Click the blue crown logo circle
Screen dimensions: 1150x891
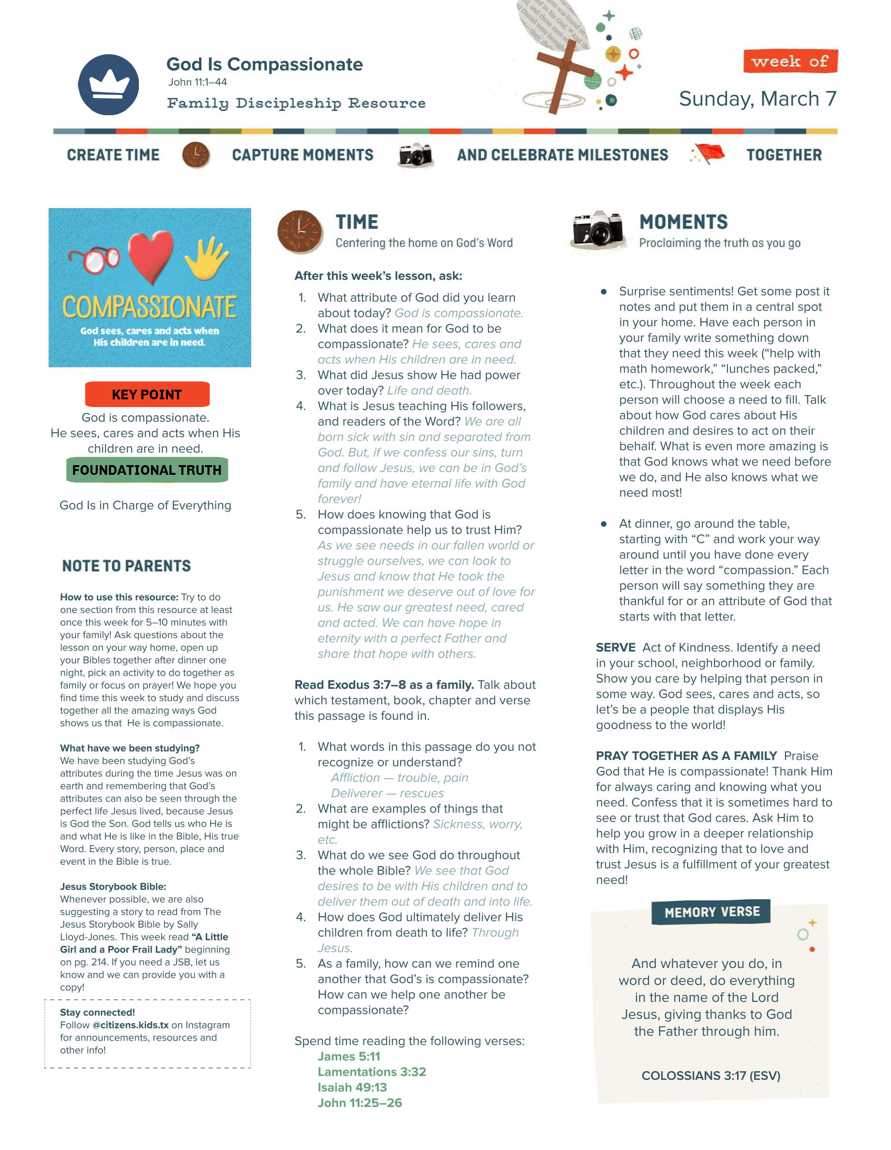[108, 85]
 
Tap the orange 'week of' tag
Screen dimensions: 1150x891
[789, 61]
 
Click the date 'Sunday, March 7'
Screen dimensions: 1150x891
[757, 98]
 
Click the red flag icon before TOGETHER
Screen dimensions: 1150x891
[709, 154]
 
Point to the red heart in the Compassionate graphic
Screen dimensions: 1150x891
[151, 255]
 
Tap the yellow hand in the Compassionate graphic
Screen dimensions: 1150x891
[207, 257]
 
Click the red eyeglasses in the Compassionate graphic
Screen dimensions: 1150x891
[95, 259]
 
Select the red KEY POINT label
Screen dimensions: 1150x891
[147, 394]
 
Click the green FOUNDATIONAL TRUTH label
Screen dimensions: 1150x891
[147, 469]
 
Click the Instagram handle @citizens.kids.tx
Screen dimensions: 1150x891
[131, 1025]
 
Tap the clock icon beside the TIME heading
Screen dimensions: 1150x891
[300, 232]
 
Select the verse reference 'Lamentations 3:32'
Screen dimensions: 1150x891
[371, 1072]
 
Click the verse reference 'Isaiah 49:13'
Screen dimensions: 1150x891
[352, 1087]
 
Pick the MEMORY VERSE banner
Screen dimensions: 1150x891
[711, 911]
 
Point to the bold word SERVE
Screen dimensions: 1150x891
[615, 647]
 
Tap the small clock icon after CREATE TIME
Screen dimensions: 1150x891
[196, 155]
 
